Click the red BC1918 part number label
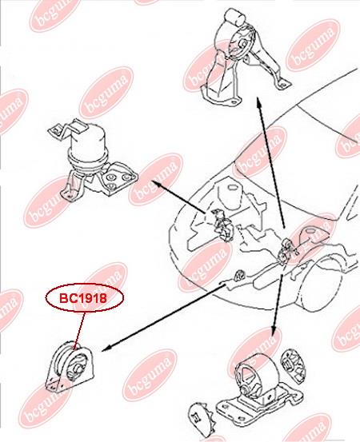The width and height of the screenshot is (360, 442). (84, 298)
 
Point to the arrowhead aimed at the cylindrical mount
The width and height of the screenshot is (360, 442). (157, 184)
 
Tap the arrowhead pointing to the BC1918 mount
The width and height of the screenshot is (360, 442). (105, 349)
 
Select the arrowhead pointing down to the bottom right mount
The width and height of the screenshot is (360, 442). (273, 332)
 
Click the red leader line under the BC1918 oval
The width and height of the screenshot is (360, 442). (79, 330)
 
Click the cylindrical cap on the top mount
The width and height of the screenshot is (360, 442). (234, 16)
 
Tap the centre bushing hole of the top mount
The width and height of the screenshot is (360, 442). (242, 45)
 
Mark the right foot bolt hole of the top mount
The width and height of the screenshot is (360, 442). (282, 83)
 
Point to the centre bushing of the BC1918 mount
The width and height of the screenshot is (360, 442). (78, 368)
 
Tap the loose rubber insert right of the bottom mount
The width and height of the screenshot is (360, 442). (294, 365)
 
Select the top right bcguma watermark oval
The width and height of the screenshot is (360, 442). (313, 46)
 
